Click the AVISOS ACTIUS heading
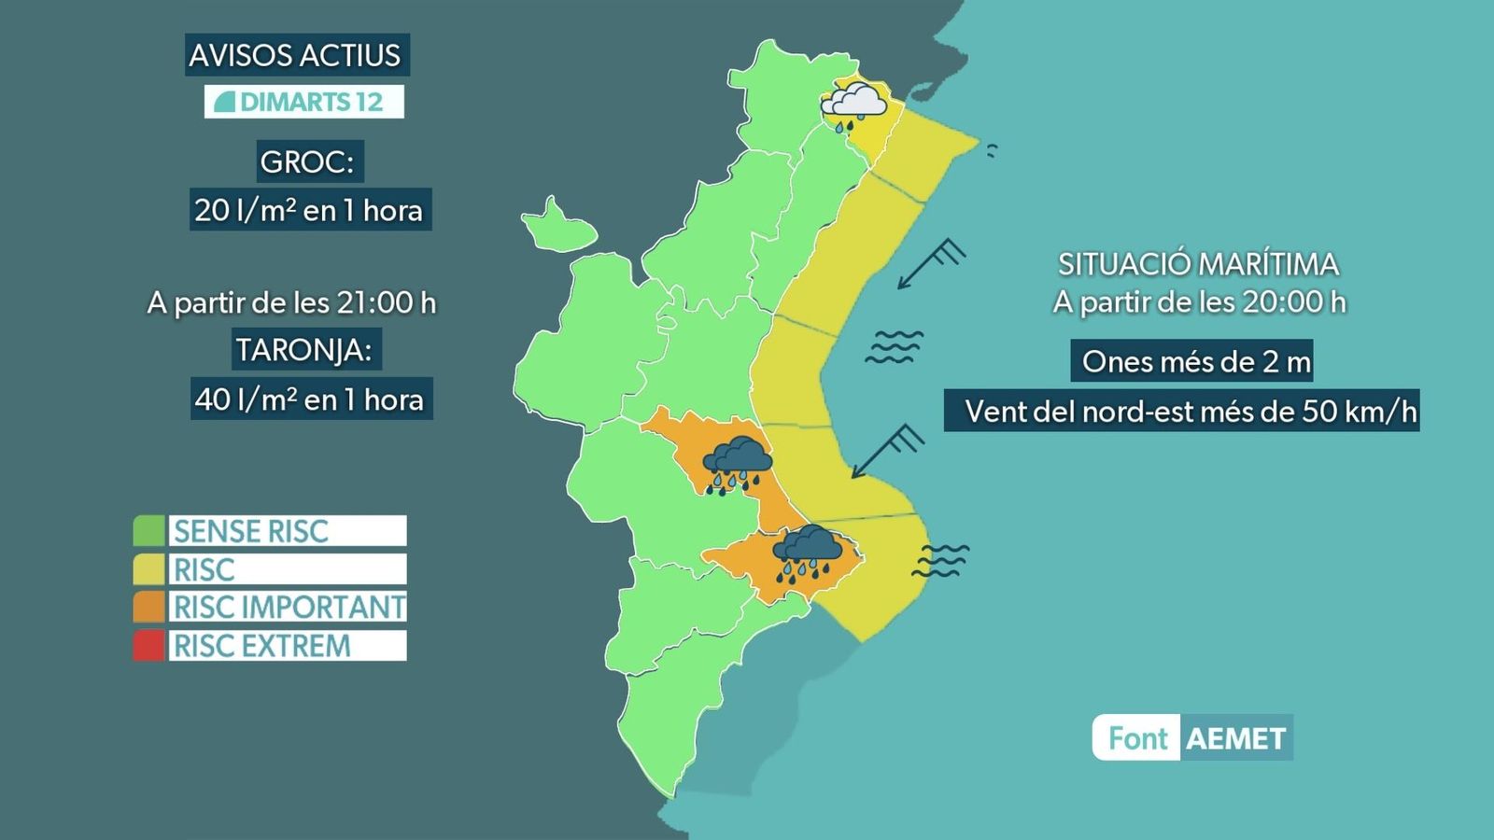coord(295,56)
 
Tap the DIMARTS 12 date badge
coord(304,102)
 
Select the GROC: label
coord(307,162)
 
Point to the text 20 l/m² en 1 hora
coord(309,211)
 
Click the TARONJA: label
coord(303,351)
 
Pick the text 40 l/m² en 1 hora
coord(310,400)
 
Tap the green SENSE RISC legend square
coord(148,531)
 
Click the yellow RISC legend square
coord(148,569)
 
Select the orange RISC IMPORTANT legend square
coord(148,608)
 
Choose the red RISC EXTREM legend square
coord(148,646)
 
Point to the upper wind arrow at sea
coord(930,263)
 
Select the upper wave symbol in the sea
coord(894,346)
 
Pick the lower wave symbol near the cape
coord(940,560)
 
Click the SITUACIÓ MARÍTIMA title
coord(1198,265)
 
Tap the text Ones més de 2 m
coord(1196,362)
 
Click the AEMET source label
coord(1235,739)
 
